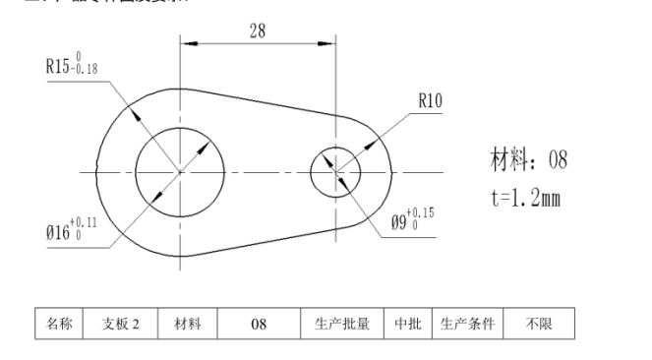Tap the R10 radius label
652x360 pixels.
tap(431, 99)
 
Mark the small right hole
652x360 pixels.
tap(335, 173)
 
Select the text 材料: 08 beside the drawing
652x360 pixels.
tap(528, 159)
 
